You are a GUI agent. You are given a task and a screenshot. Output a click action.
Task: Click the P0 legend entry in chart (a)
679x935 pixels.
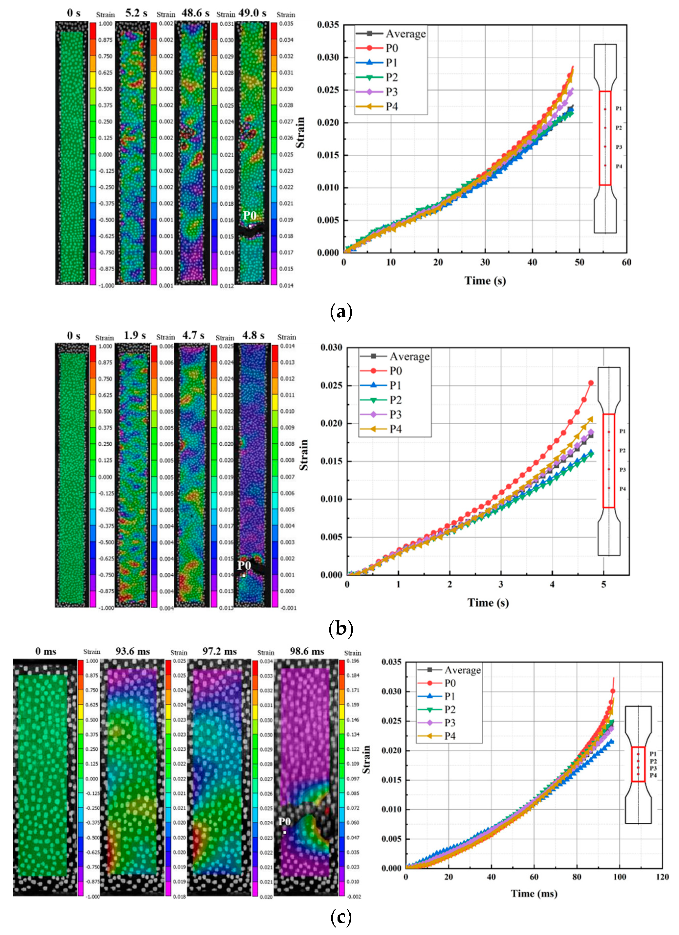391,48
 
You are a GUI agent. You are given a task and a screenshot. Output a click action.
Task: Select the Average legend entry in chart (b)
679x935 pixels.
409,356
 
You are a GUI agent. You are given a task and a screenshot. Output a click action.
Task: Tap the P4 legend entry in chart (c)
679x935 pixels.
449,736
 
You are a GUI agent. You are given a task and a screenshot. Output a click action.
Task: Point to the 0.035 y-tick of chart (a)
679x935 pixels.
328,25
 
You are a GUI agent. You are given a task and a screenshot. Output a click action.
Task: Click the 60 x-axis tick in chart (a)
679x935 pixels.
626,262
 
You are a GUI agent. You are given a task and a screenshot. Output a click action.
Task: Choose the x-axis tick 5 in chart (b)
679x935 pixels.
603,584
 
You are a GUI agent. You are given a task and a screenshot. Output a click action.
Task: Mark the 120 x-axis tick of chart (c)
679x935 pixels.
662,877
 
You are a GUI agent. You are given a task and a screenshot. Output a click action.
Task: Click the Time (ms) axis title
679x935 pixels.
534,893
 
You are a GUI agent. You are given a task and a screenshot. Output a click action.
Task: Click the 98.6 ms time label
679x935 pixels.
307,651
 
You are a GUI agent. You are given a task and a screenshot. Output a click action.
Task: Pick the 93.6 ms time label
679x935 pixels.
132,651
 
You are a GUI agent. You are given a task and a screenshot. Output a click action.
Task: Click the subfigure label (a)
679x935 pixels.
341,312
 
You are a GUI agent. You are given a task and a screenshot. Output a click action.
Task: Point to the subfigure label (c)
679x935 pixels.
341,917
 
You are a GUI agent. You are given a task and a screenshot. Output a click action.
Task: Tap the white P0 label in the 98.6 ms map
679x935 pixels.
284,822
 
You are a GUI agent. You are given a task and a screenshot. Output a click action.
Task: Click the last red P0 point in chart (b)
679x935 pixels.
591,383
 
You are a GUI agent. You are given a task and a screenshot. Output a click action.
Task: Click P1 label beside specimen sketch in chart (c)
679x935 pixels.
653,754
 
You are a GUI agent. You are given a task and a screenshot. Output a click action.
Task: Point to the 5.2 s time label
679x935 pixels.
136,13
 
